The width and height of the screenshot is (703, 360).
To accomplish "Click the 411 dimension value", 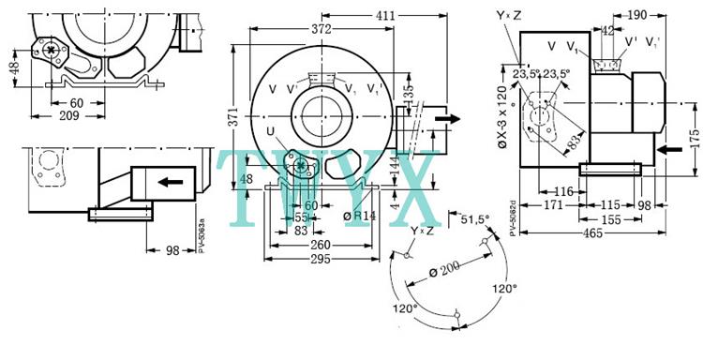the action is click(x=385, y=16).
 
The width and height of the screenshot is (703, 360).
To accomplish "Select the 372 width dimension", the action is click(x=322, y=29).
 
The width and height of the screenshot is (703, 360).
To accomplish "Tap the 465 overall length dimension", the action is click(x=591, y=233).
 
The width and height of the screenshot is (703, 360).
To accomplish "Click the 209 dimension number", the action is click(x=69, y=116).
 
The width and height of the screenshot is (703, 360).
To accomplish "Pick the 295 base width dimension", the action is click(x=321, y=260).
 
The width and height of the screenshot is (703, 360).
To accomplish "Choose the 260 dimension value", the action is click(x=321, y=246).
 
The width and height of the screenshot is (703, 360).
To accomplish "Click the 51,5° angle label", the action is click(x=475, y=219).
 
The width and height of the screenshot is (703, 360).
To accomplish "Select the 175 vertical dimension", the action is click(x=695, y=139).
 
